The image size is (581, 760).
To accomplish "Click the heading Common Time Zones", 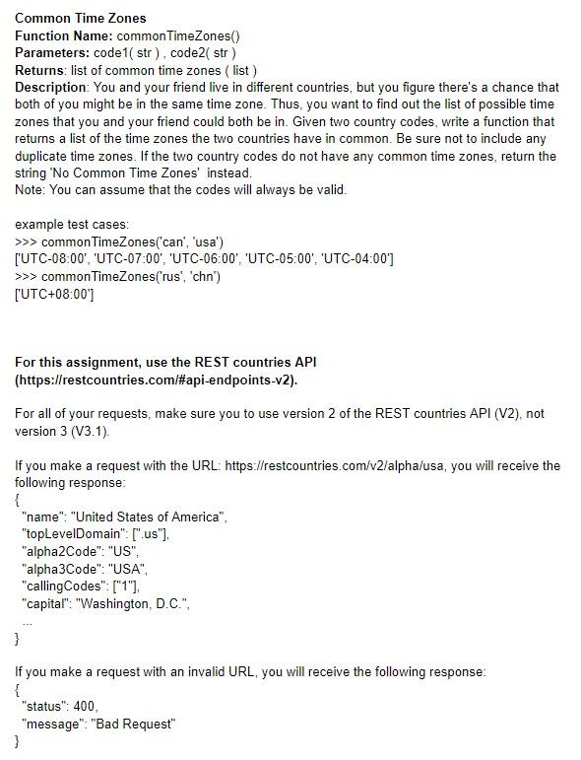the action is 81,18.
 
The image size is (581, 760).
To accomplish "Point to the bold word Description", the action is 51,88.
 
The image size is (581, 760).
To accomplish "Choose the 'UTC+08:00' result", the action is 54,294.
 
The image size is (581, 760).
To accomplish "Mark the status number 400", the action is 85,707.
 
